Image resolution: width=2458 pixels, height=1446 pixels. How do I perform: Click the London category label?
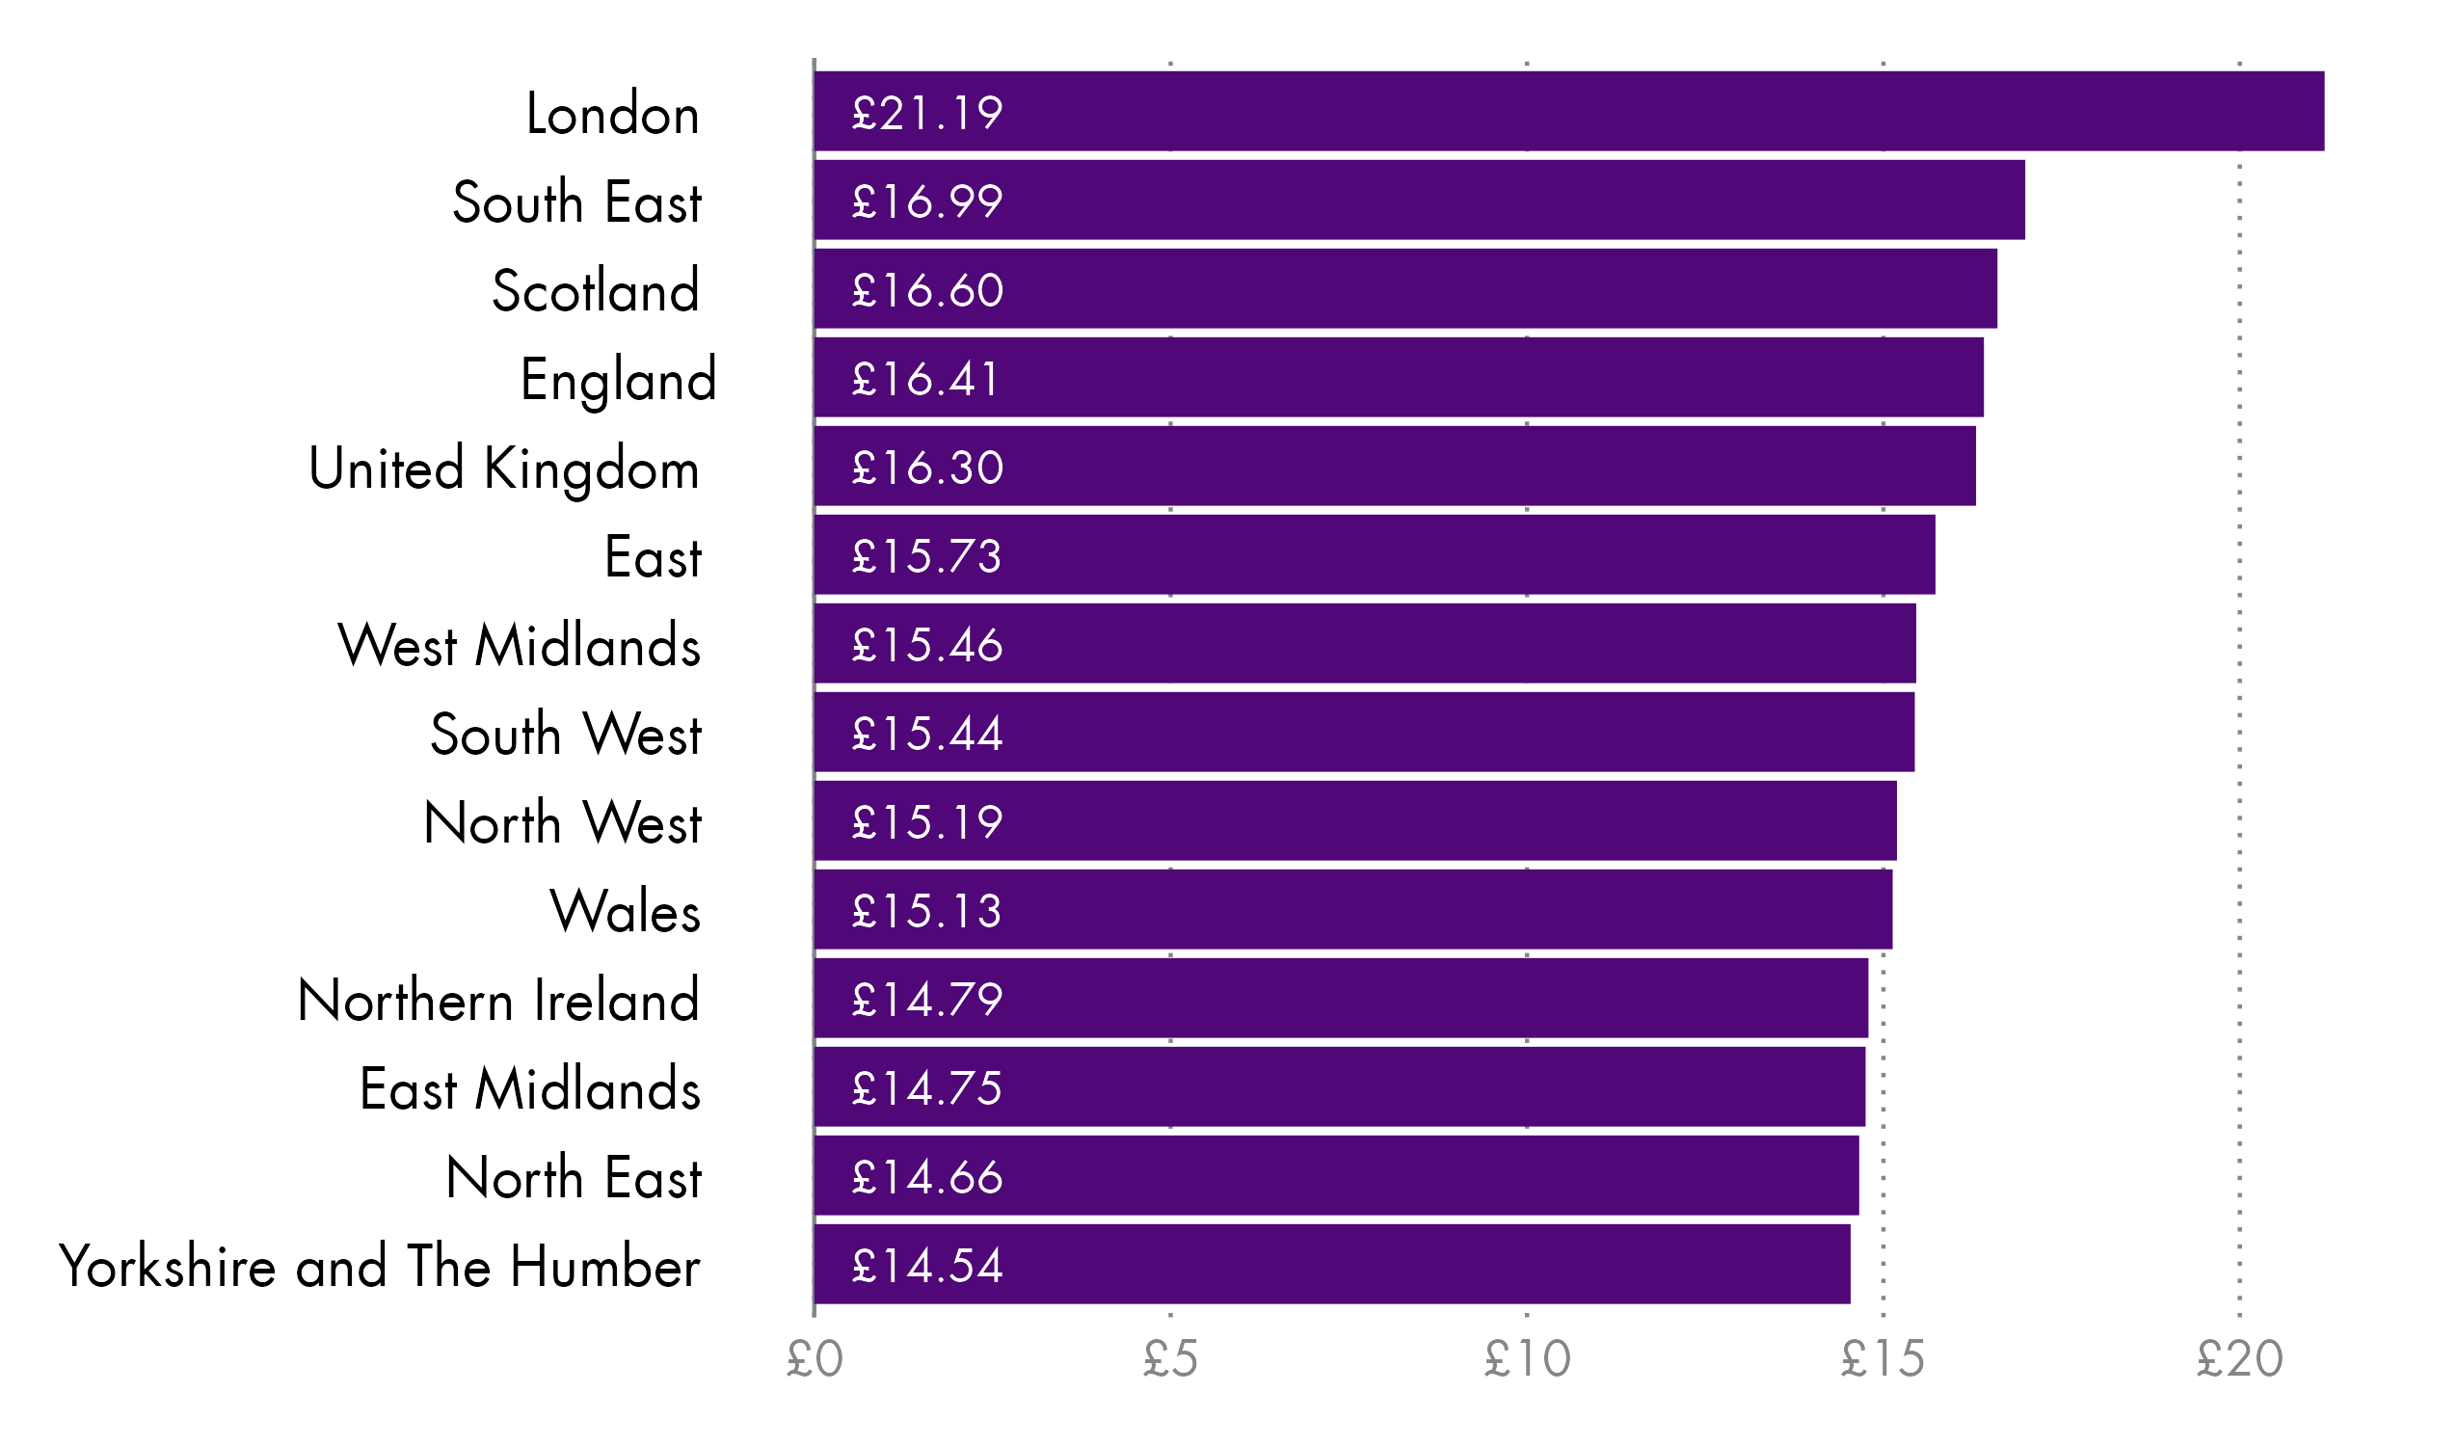click(x=612, y=114)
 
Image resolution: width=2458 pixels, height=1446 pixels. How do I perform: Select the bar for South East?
click(x=1419, y=200)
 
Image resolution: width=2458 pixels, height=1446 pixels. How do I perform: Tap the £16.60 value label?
click(x=926, y=291)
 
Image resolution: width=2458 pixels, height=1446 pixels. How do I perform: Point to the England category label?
click(x=619, y=381)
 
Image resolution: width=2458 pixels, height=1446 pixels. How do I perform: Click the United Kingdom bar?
click(x=1395, y=468)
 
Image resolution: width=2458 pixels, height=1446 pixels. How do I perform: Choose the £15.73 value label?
click(x=926, y=557)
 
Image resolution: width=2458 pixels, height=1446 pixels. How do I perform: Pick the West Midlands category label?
click(x=519, y=646)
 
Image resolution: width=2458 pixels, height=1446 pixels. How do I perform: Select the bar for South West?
click(x=1364, y=733)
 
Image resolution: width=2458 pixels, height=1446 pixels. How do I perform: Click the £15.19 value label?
click(x=926, y=822)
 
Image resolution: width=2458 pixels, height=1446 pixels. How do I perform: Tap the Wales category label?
click(x=626, y=912)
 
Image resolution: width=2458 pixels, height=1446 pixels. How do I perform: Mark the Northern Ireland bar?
click(x=1341, y=999)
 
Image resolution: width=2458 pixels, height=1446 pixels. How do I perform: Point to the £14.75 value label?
click(x=926, y=1089)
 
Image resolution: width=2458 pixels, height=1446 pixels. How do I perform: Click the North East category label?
click(x=574, y=1178)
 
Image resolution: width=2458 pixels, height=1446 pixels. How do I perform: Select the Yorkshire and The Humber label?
click(x=380, y=1267)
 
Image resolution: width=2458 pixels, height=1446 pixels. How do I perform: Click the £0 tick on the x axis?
click(x=815, y=1359)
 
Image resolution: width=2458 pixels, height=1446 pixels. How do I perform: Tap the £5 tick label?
click(x=1170, y=1359)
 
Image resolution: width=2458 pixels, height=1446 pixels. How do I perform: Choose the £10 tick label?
click(x=1528, y=1359)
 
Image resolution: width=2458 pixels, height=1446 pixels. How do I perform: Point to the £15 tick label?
click(x=1883, y=1359)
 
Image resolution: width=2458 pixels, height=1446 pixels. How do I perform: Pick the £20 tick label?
click(x=2239, y=1359)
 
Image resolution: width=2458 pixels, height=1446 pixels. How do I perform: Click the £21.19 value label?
click(x=926, y=113)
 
